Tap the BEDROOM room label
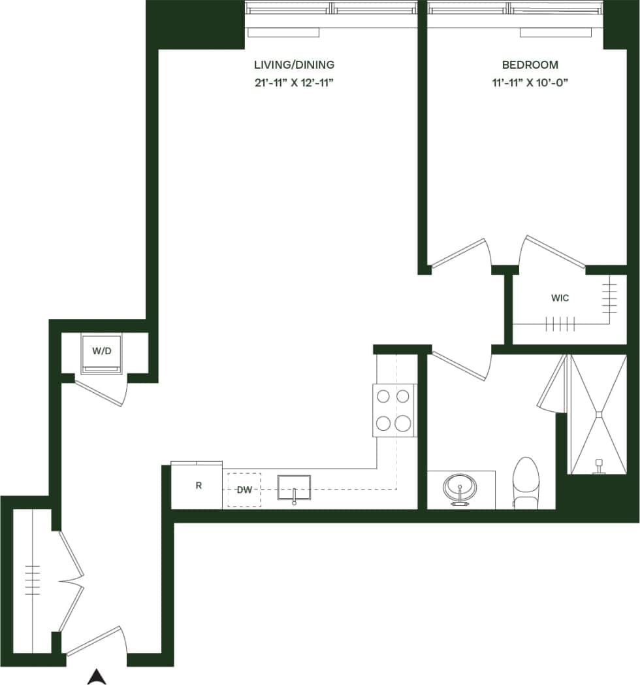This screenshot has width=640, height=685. tap(530, 65)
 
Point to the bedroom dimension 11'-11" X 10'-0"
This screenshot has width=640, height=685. tap(530, 84)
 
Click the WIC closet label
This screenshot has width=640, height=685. tap(560, 298)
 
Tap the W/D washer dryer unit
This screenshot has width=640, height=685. tap(101, 353)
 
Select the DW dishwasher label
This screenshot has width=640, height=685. tap(244, 490)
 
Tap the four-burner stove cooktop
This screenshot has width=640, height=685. tap(394, 410)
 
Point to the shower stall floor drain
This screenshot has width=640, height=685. tap(598, 412)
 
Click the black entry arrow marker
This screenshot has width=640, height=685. tap(97, 677)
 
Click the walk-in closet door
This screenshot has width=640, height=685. tap(554, 252)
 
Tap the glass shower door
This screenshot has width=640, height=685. tap(552, 386)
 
